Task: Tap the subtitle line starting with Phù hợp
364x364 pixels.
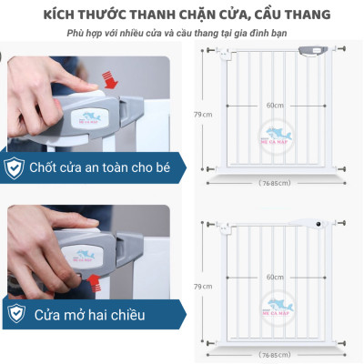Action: [x=181, y=35]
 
